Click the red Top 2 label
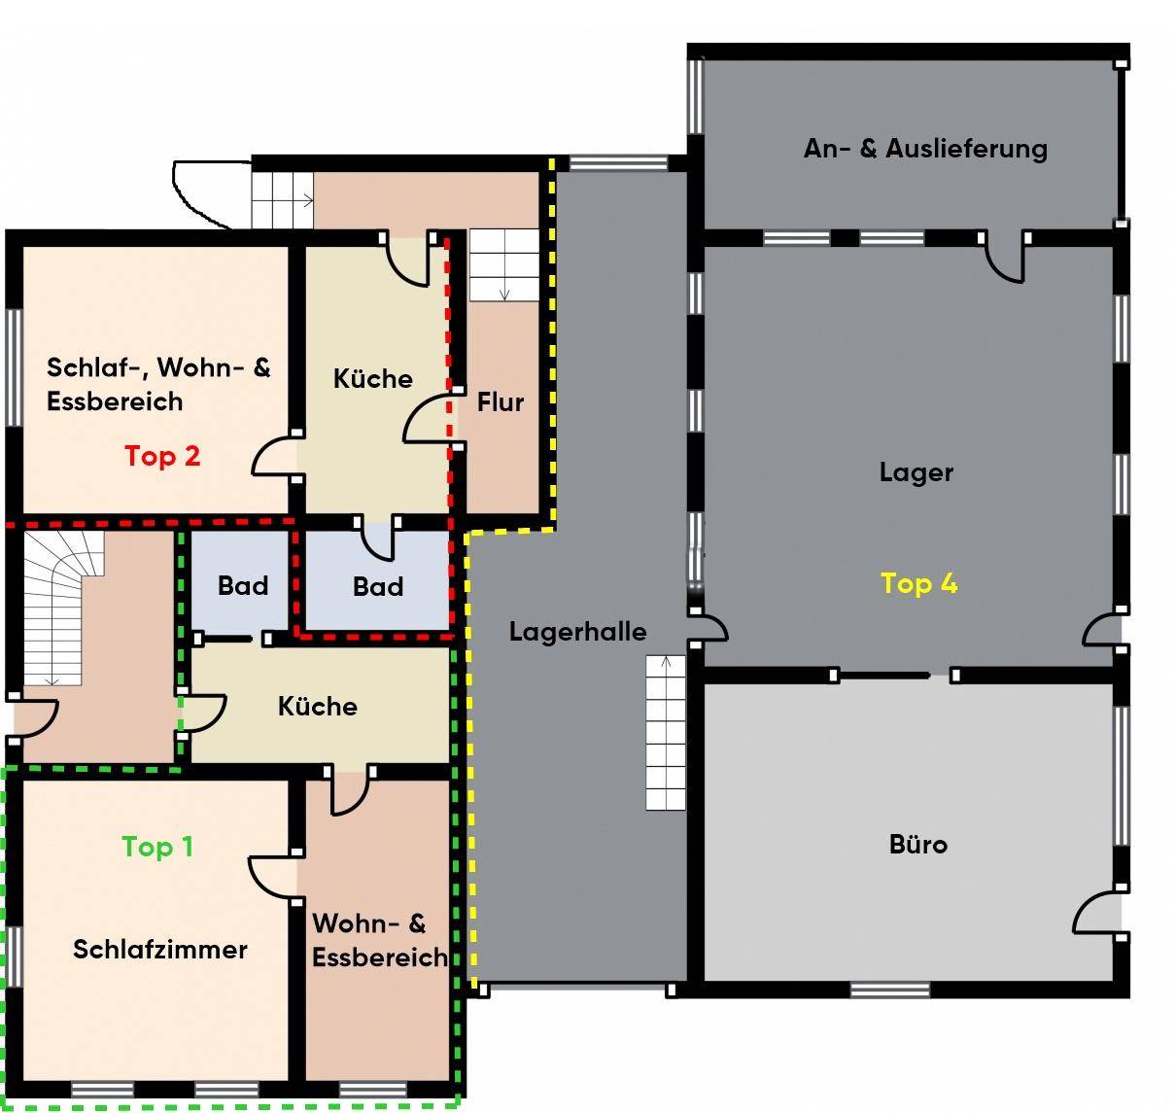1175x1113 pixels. (x=162, y=457)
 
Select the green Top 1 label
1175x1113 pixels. (x=157, y=847)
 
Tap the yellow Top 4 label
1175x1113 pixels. (x=918, y=583)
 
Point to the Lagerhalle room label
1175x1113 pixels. (x=577, y=632)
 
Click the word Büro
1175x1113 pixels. (x=918, y=844)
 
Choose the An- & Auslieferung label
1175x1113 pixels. (x=925, y=149)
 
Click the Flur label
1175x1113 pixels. (x=501, y=401)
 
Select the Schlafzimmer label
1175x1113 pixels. (x=160, y=950)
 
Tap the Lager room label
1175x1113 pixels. (x=916, y=472)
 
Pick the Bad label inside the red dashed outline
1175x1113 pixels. (x=378, y=586)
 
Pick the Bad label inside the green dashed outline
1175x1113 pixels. (x=243, y=585)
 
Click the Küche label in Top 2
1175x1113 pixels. (x=373, y=378)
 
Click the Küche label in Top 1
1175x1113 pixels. (x=318, y=707)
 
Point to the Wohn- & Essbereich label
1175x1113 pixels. (x=380, y=940)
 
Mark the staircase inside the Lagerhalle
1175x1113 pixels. (x=665, y=733)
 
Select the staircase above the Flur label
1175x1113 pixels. (x=503, y=264)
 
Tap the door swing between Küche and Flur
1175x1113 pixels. (x=428, y=418)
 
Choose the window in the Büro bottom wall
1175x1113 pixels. (x=889, y=991)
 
